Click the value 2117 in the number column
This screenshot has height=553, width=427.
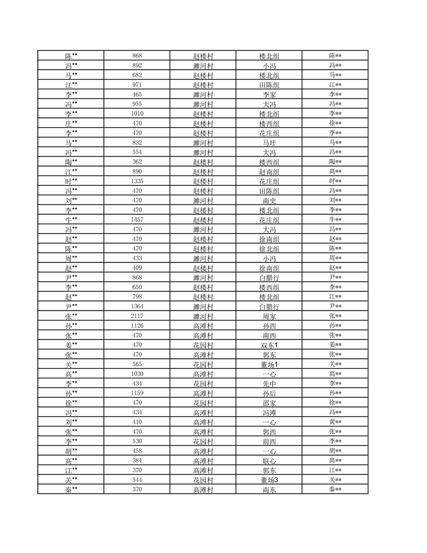tap(137, 316)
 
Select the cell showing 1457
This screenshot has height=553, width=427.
tap(137, 219)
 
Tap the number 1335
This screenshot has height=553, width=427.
tap(137, 181)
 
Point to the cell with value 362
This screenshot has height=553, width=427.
tap(137, 162)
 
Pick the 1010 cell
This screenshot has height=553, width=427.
tap(137, 114)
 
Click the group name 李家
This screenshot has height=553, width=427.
tap(269, 95)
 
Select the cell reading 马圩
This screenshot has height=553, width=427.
tap(269, 142)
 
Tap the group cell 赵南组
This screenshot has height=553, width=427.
tap(269, 172)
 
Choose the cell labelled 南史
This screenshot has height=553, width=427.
tap(269, 201)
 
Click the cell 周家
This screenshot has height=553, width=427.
tap(269, 316)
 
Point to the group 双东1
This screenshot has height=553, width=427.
tap(269, 345)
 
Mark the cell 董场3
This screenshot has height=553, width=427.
tap(269, 480)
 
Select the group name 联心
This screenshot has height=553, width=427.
tap(269, 461)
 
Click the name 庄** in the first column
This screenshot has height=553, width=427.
tap(71, 124)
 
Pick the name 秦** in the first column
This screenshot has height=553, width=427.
tap(71, 490)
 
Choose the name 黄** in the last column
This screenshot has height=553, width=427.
tap(335, 422)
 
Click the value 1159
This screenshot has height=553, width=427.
tap(137, 393)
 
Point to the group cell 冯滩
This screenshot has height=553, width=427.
tap(269, 413)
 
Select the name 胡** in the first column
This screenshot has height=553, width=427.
tap(71, 451)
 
